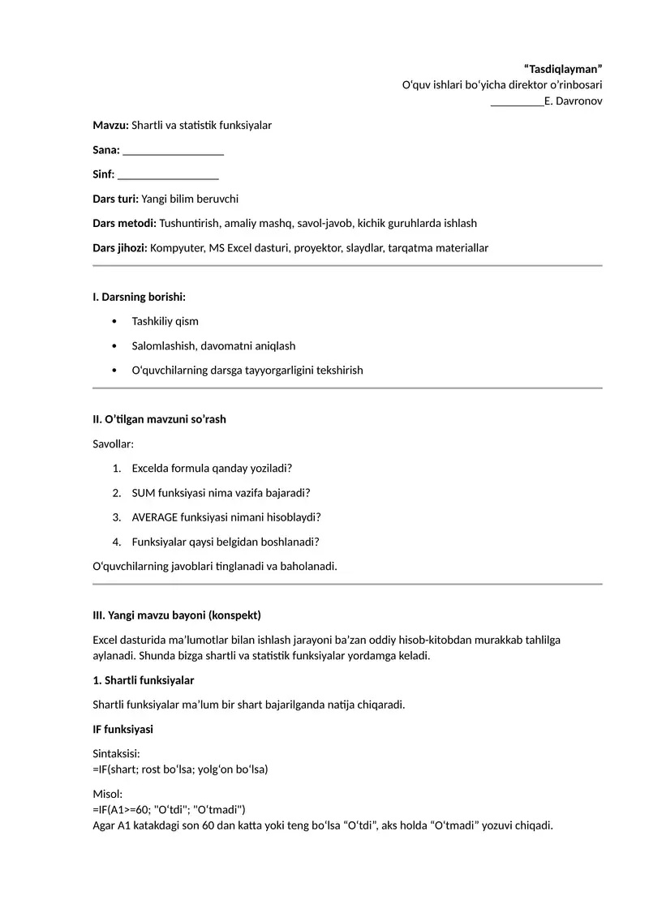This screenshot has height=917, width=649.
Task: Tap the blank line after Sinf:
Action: point(168,175)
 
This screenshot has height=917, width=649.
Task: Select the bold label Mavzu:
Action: point(110,126)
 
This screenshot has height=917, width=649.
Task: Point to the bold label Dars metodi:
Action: point(124,223)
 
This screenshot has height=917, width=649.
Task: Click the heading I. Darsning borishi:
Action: point(140,298)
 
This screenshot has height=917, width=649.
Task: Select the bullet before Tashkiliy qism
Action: point(114,322)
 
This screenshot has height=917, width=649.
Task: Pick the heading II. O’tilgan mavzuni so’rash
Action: point(159,419)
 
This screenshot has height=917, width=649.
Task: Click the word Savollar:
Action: point(114,444)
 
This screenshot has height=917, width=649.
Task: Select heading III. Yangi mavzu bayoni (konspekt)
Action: point(177,615)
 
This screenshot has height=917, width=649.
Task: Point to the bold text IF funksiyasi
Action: point(123,729)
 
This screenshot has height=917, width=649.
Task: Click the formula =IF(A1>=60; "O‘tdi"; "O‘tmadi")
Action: point(169,810)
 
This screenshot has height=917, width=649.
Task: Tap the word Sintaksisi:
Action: point(117,753)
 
